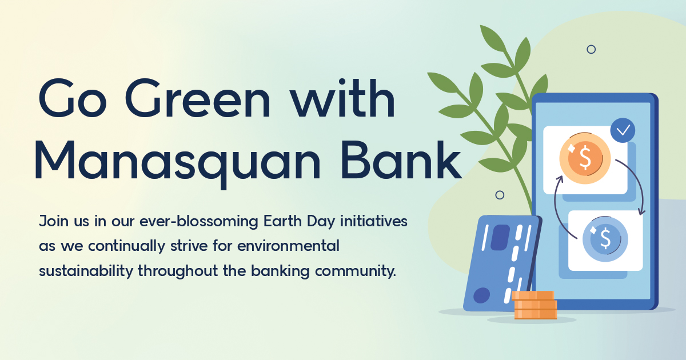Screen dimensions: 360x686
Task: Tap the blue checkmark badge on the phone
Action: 623,130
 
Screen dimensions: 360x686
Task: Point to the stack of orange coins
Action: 534,305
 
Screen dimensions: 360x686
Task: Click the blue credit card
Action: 498,263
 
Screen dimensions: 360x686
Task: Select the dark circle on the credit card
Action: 482,295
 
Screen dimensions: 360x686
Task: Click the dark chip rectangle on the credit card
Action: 500,237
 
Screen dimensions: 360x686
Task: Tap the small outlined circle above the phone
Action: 591,49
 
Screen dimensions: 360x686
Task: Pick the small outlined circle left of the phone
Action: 500,195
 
